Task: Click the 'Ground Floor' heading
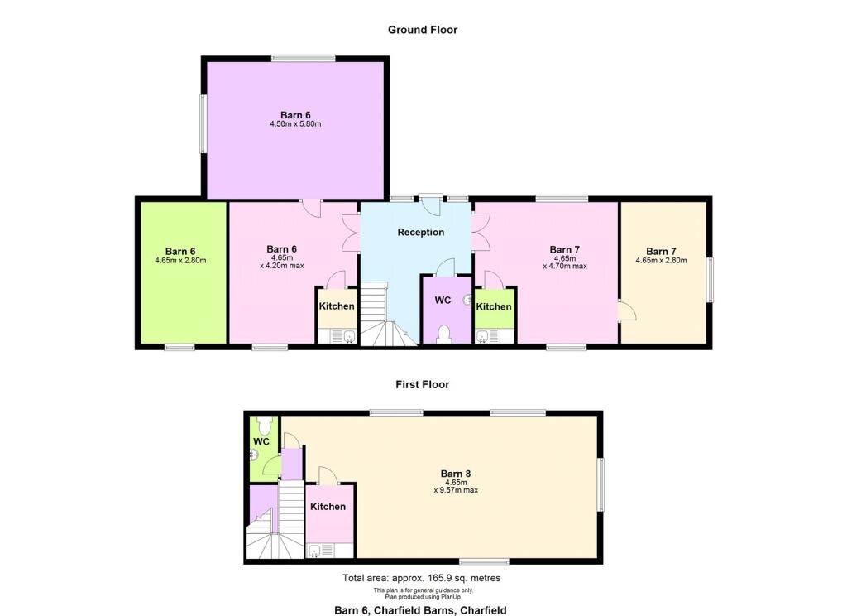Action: (423, 30)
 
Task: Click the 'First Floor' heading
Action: (423, 384)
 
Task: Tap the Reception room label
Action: (420, 233)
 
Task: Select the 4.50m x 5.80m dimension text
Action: (295, 124)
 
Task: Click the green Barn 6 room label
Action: (180, 251)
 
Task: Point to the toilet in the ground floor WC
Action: (444, 333)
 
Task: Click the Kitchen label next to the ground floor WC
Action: (494, 306)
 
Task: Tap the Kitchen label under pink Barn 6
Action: (337, 306)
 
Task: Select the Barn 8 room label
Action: (456, 474)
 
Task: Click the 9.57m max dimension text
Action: (456, 490)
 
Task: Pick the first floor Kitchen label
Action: (328, 507)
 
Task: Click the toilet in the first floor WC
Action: (264, 425)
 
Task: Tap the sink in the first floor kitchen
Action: (315, 551)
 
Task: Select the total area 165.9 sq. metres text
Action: (421, 578)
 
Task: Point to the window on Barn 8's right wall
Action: (602, 484)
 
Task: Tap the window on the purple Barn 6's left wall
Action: (202, 123)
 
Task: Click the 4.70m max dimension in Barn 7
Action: (565, 267)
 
